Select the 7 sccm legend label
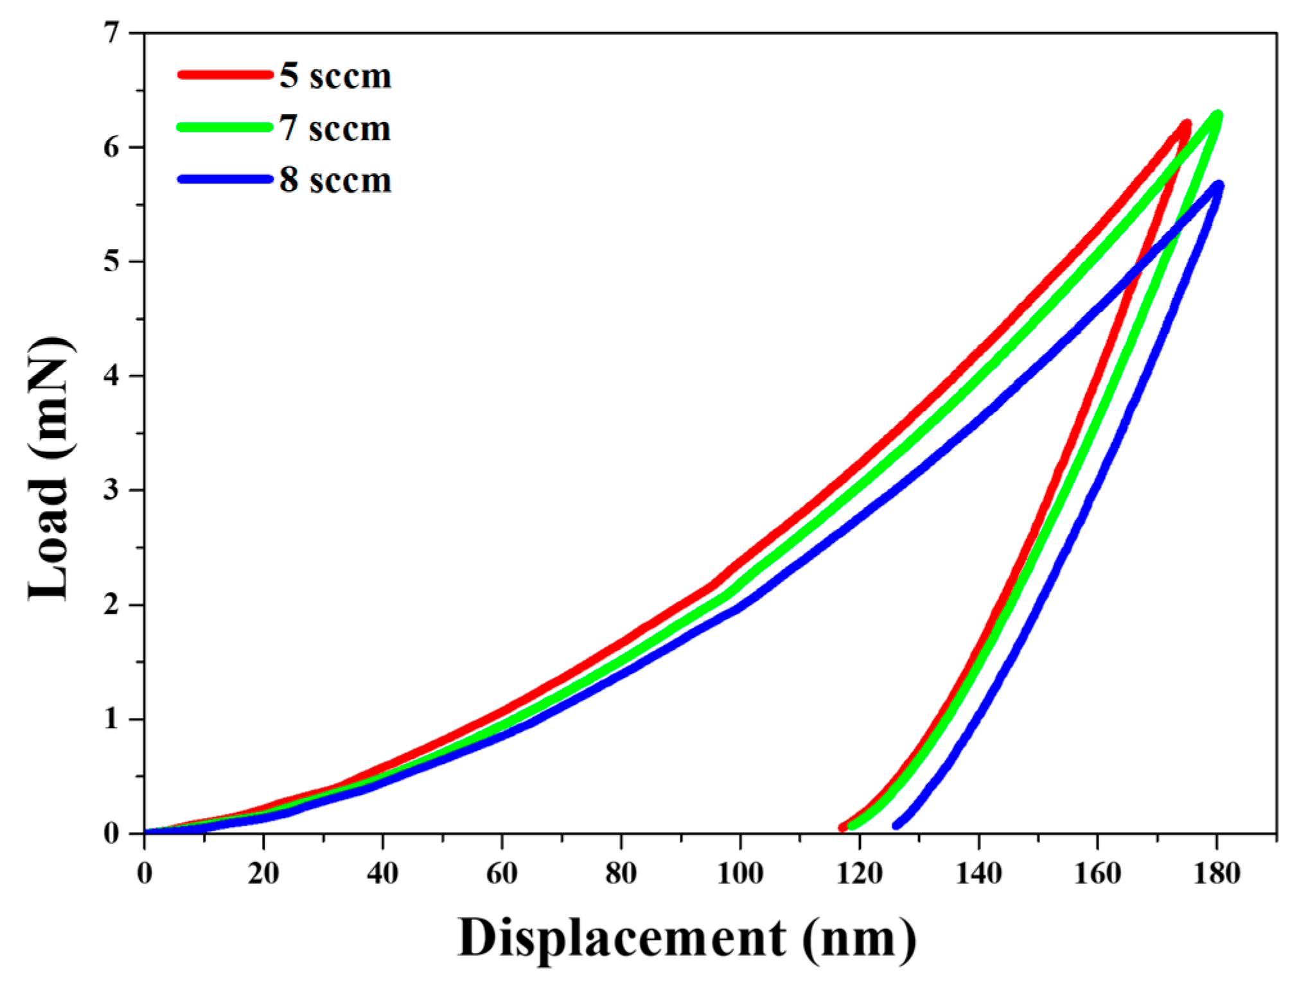coord(335,128)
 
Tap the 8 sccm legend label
coord(335,180)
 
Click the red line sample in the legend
coord(225,74)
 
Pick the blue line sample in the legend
coord(225,179)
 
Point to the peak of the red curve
coord(1185,124)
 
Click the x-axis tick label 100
coord(739,874)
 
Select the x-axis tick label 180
coord(1216,874)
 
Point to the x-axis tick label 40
coord(382,874)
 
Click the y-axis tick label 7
coord(112,33)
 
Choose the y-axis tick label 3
coord(112,490)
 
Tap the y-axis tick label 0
coord(112,833)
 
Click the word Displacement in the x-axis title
coord(621,939)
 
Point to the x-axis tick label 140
coord(978,874)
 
